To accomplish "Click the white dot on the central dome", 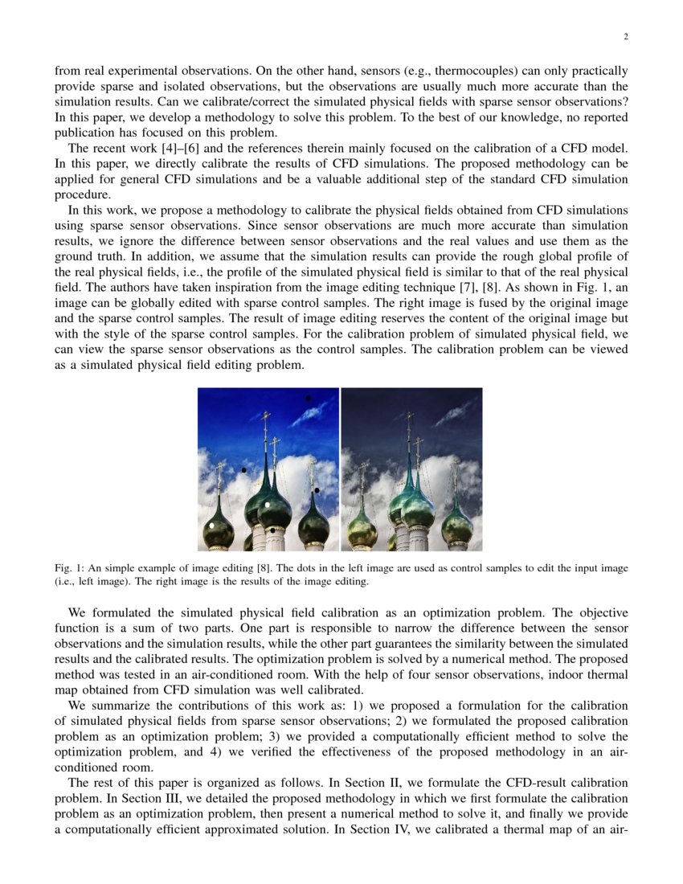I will pyautogui.click(x=268, y=505).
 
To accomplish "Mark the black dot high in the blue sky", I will pyautogui.click(x=308, y=398).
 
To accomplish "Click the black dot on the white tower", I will pyautogui.click(x=272, y=530).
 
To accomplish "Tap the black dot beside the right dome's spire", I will pyautogui.click(x=317, y=490).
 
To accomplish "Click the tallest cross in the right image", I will pyautogui.click(x=410, y=419).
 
